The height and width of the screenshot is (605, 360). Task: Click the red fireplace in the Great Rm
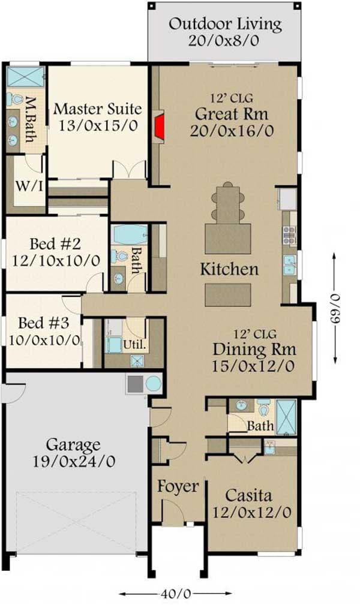click(x=160, y=126)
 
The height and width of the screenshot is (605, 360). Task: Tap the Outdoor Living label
click(x=225, y=25)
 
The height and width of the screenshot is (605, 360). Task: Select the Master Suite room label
click(x=98, y=109)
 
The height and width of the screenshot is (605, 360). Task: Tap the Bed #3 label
click(x=43, y=323)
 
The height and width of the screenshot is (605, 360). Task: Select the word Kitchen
click(x=229, y=269)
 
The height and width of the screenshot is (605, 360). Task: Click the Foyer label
click(x=178, y=487)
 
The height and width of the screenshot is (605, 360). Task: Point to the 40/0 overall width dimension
click(x=175, y=594)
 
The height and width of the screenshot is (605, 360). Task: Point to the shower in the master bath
click(x=25, y=77)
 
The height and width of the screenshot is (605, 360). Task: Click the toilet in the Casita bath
click(x=263, y=409)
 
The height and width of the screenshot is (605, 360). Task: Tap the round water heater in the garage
click(x=154, y=384)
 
